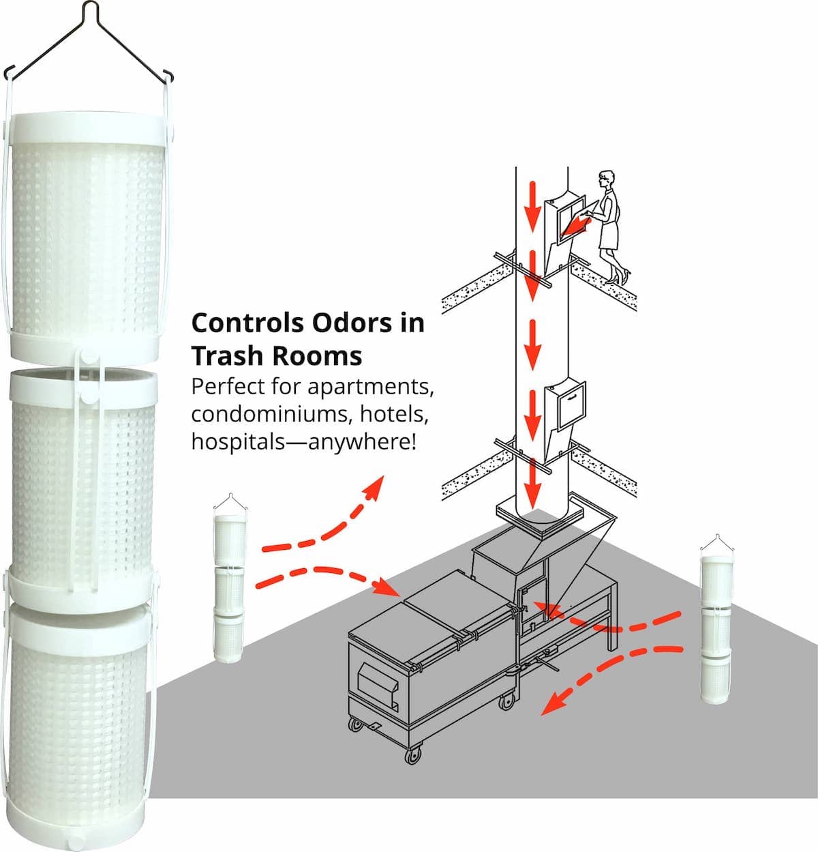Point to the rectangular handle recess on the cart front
click(x=376, y=684)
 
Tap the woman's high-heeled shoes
click(x=618, y=276)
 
